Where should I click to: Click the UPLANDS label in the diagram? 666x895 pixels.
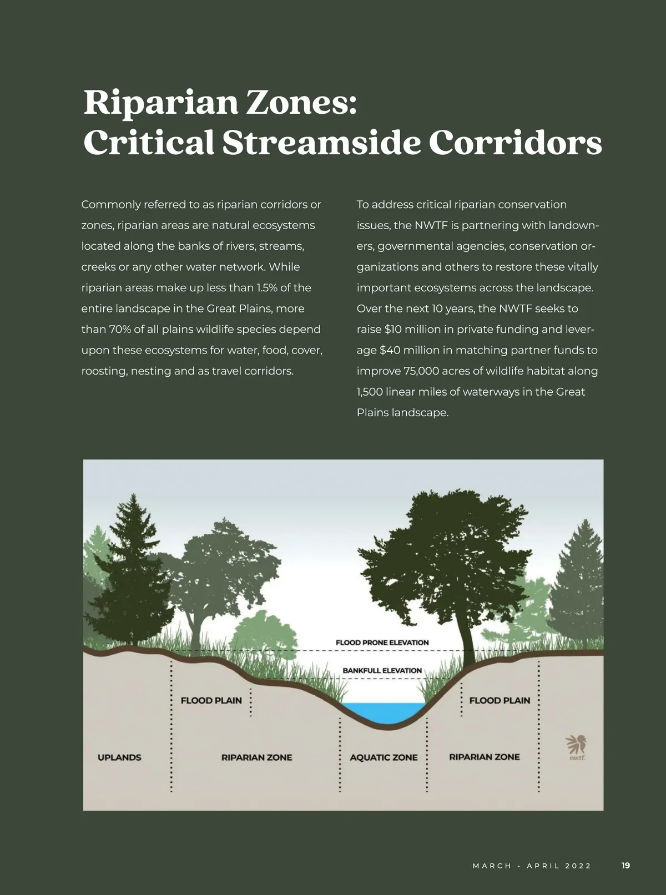coord(119,757)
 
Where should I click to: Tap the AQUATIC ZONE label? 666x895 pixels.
coord(384,757)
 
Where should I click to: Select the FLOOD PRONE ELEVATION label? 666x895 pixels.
coord(382,643)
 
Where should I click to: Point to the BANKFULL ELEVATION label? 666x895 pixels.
coord(382,670)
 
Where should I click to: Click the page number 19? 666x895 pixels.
coord(625,866)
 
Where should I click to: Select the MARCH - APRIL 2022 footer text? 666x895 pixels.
coord(532,866)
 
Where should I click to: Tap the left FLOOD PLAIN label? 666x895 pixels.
coord(211,700)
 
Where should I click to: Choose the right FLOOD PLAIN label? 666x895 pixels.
coord(500,700)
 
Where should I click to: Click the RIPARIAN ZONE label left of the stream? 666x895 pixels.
coord(256,757)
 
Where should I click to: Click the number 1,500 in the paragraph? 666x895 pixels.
coord(370,392)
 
